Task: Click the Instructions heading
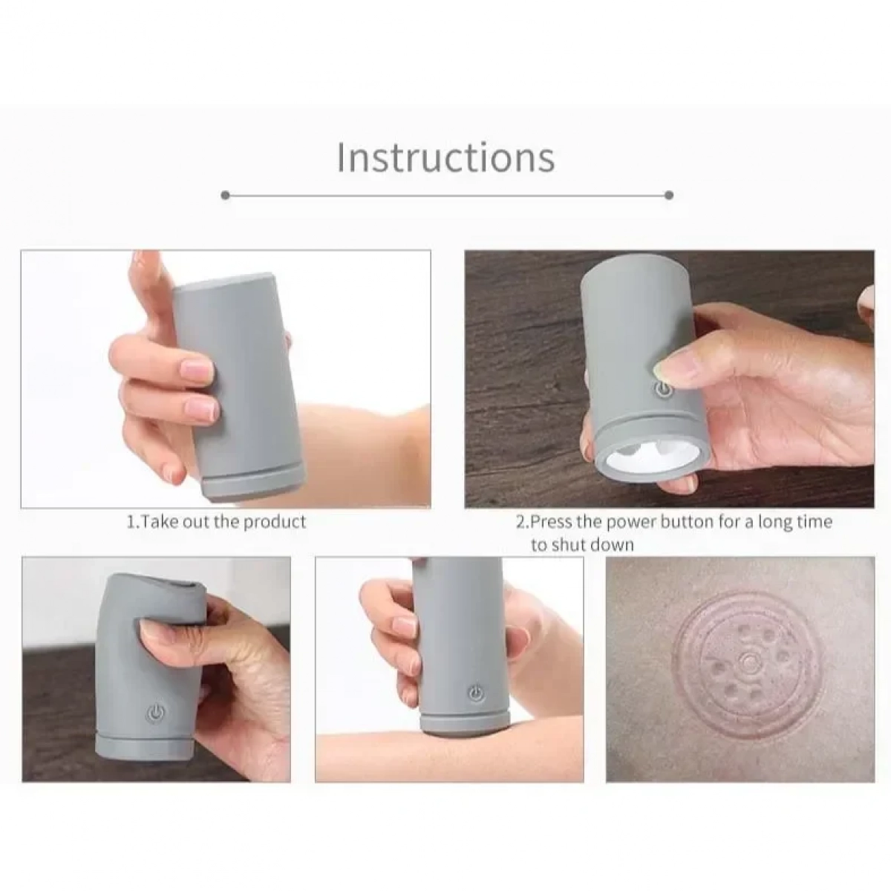446,157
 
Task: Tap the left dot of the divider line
226,195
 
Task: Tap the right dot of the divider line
668,195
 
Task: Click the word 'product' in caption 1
275,522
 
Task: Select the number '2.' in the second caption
523,522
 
